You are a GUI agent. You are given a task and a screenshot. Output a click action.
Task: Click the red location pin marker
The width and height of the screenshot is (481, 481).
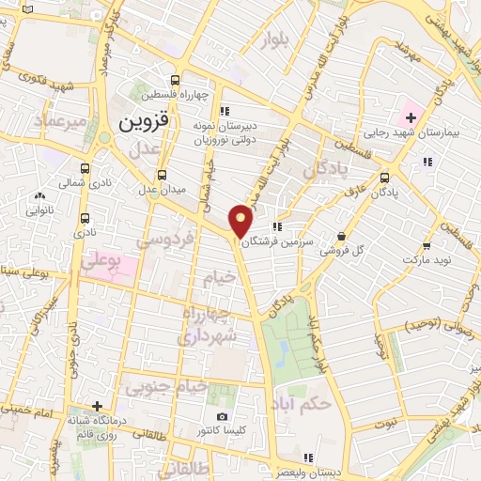point(241,220)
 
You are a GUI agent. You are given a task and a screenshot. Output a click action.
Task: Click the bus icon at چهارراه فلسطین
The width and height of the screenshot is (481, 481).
point(175,81)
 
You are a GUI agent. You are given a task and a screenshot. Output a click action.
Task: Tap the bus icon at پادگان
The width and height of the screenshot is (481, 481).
point(384,176)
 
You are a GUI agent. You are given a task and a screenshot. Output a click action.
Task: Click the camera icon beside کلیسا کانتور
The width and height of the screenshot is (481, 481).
point(222,416)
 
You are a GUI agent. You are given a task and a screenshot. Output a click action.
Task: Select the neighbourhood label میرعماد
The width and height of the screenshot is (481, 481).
point(60,122)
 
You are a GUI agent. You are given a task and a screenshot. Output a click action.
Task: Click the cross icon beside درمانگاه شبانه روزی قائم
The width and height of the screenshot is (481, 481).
point(97,406)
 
